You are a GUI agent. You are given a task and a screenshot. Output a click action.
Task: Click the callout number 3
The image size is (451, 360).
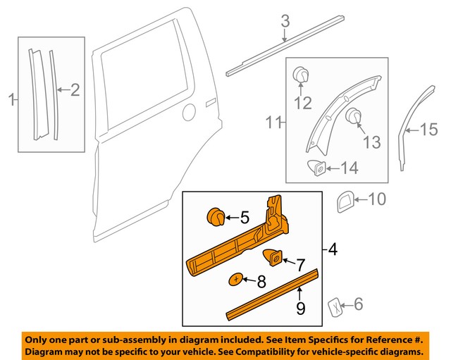click(285, 23)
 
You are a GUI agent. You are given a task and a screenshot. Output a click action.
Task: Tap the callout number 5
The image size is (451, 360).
click(245, 218)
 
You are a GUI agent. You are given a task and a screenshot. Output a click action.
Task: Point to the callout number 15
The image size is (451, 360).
click(429, 129)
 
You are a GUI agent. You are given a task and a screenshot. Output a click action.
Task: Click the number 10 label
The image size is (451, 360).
click(377, 199)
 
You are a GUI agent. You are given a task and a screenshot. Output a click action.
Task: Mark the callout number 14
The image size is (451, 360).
click(349, 168)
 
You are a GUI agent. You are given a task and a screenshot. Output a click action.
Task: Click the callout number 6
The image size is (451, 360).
click(358, 304)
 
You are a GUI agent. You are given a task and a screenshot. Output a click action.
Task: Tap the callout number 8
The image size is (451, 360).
click(261, 283)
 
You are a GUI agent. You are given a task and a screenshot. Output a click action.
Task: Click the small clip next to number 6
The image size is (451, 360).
click(336, 306)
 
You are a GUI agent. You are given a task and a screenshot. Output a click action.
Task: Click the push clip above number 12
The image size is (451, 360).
click(301, 74)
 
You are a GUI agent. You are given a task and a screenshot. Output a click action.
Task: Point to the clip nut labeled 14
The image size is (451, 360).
click(318, 168)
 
